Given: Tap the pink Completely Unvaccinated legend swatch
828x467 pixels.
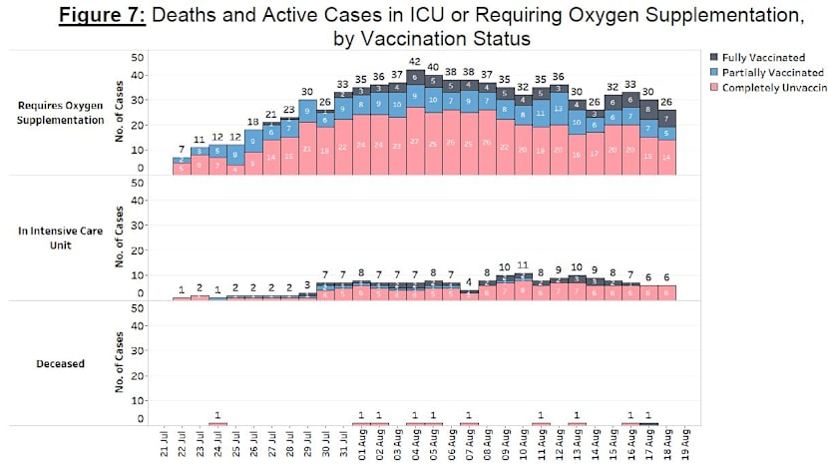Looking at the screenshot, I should tap(714, 88).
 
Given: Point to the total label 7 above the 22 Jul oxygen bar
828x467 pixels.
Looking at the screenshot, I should tap(182, 149).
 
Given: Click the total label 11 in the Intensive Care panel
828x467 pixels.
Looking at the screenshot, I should tap(524, 265).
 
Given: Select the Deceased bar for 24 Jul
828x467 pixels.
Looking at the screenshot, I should tap(217, 424).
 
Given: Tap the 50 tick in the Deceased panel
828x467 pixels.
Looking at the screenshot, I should tap(139, 310).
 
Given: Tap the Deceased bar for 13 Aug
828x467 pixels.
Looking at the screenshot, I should tap(578, 424).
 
